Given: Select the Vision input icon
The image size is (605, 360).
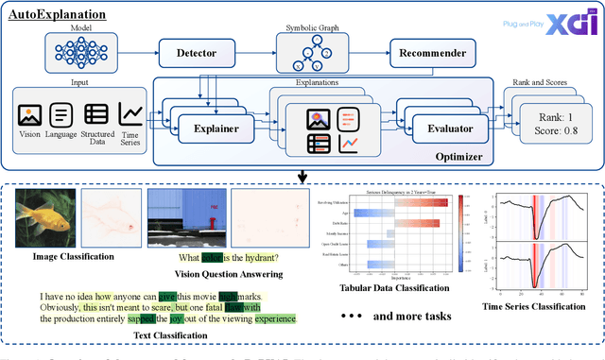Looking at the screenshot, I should [29, 116].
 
